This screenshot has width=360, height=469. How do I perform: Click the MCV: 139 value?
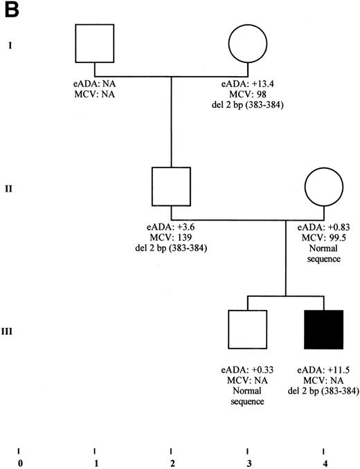[x=170, y=236]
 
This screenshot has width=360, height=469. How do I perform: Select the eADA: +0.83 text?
[x=324, y=226]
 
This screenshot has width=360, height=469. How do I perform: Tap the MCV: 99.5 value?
[x=324, y=236]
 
